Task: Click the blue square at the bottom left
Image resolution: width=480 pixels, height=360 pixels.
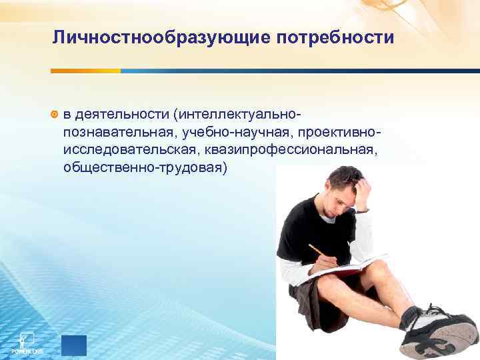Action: (73, 345)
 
